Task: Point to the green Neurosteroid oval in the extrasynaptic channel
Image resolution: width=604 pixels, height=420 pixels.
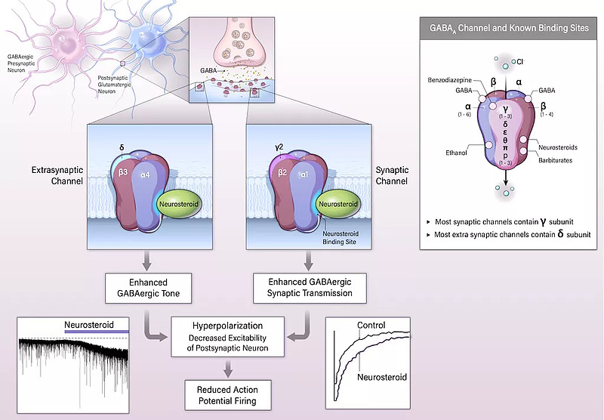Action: coord(179,203)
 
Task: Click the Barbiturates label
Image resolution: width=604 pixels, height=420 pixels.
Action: coord(559,159)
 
